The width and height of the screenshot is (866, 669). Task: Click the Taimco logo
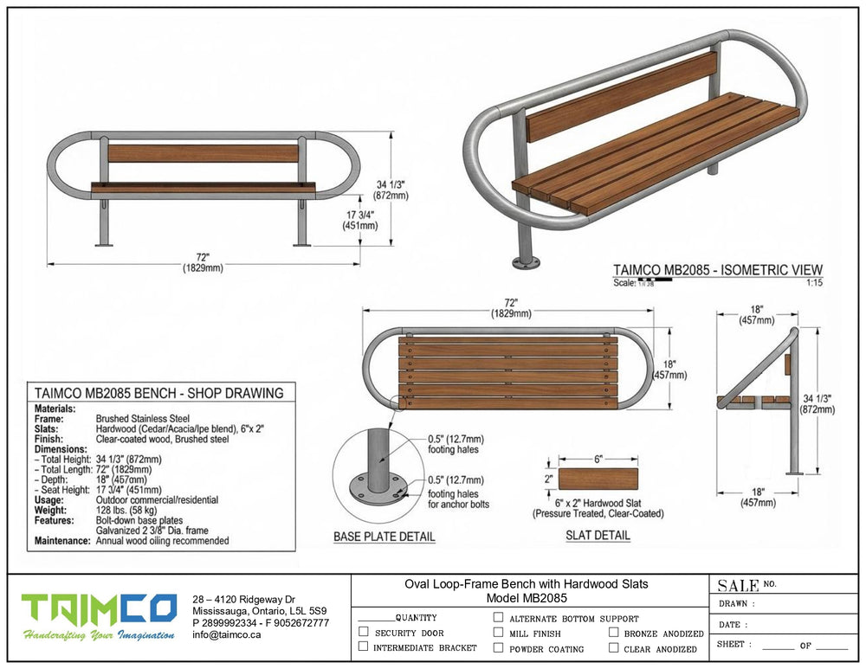click(100, 616)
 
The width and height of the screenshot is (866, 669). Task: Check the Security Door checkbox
click(364, 632)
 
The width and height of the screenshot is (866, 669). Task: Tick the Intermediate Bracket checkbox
click(364, 646)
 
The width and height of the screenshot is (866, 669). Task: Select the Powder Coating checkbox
click(498, 647)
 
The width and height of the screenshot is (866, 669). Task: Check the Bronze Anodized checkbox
click(614, 632)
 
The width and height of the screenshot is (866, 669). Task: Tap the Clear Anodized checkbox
click(614, 647)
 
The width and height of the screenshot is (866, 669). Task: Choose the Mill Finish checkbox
click(498, 632)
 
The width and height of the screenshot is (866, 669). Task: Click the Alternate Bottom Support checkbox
click(498, 616)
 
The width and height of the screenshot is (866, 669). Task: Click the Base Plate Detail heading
click(385, 537)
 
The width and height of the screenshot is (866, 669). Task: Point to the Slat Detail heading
click(598, 535)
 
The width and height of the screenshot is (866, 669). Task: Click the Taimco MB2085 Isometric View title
click(718, 270)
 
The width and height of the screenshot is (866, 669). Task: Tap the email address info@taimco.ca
click(226, 634)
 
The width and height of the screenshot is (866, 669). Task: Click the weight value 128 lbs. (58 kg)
click(126, 510)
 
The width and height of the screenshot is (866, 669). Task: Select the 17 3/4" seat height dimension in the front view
click(360, 220)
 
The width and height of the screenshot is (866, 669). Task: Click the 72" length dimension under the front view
click(204, 263)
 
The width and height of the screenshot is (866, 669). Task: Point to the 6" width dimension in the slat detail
click(598, 459)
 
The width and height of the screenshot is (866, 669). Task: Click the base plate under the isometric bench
click(524, 262)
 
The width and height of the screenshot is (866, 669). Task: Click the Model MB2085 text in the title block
click(527, 598)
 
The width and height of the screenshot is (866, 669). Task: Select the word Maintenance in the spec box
click(62, 541)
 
